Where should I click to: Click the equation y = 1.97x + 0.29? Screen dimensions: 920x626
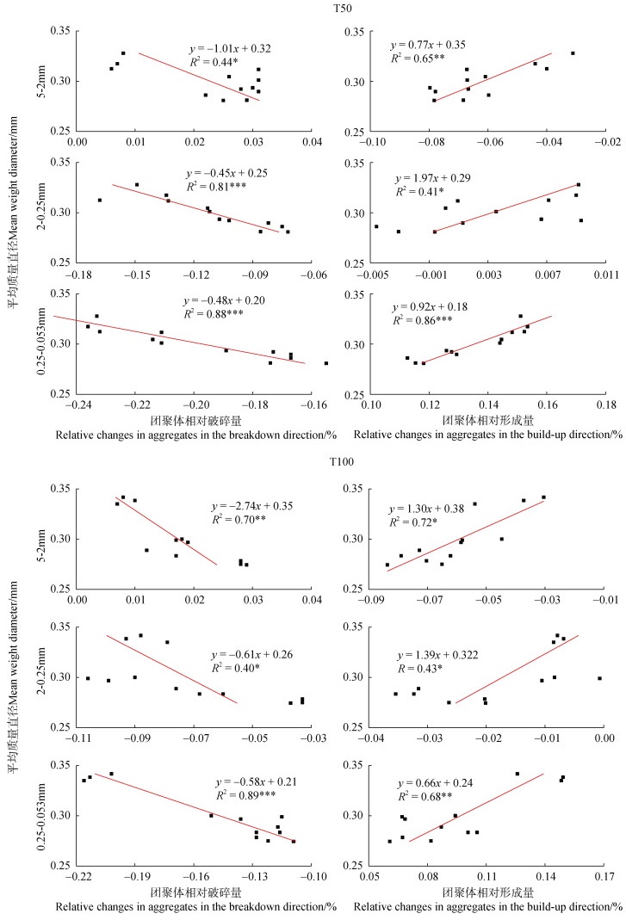click(432, 177)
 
